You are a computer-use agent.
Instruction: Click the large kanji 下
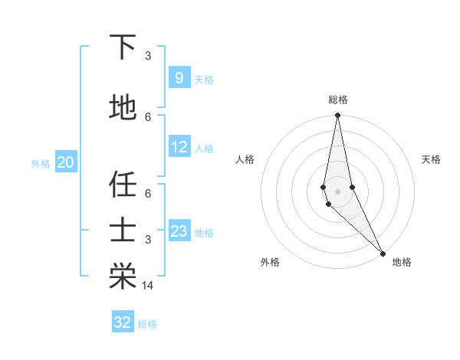point(123,47)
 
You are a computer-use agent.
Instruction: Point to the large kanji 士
point(123,231)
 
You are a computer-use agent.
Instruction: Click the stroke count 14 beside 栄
point(149,286)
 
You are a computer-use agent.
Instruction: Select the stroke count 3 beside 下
point(148,56)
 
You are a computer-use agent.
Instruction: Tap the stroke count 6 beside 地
point(148,116)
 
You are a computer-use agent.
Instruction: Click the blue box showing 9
point(179,77)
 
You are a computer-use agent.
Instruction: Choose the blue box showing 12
point(179,147)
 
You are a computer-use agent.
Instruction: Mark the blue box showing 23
point(179,231)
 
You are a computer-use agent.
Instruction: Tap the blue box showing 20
point(66,162)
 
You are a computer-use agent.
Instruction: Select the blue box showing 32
point(123,322)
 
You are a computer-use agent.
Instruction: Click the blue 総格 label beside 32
point(147,324)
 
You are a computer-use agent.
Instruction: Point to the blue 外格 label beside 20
point(41,163)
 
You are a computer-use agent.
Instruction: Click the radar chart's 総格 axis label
point(338,100)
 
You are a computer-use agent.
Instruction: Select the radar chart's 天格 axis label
point(432,159)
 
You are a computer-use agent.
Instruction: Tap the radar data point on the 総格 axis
point(338,116)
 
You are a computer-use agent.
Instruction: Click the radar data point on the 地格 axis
point(383,253)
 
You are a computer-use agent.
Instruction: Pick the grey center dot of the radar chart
point(338,191)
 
